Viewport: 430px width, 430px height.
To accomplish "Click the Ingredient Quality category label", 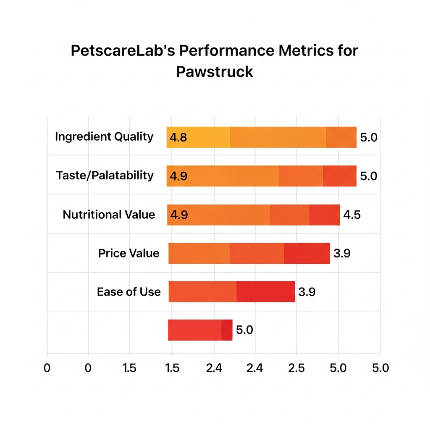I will [x=104, y=137].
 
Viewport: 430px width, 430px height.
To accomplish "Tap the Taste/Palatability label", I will [x=105, y=175].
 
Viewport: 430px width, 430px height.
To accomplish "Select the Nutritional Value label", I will [x=109, y=215].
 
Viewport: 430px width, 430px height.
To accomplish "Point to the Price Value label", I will [x=129, y=253].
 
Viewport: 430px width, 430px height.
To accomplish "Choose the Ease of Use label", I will [x=128, y=292].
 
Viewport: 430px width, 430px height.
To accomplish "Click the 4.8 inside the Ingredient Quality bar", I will [x=178, y=137].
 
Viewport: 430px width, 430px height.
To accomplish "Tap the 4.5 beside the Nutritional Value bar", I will [x=352, y=215].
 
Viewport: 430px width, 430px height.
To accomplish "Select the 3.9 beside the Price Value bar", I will [x=342, y=254].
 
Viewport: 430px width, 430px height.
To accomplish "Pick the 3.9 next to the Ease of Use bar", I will [x=307, y=292].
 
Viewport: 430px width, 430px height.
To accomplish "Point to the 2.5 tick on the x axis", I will [x=296, y=368].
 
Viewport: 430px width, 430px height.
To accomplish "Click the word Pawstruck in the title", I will [x=215, y=71].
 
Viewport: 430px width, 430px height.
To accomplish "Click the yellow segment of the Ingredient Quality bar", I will [x=198, y=137].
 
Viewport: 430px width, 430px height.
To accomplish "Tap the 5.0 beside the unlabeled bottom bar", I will [x=244, y=330].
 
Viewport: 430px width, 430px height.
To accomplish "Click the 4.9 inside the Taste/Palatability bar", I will [x=178, y=176].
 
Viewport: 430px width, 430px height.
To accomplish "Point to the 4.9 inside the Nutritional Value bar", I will [x=178, y=215].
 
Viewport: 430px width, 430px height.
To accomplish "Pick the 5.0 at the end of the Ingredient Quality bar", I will [x=369, y=137].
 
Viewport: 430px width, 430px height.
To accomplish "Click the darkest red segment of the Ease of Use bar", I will [x=266, y=292].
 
